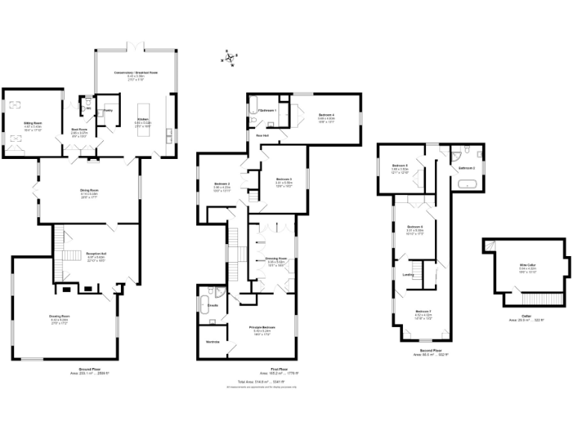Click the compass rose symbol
[x=231, y=57]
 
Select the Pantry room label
[x=107, y=110]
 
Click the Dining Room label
[x=90, y=192]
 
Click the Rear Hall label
[x=262, y=135]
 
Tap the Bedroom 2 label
[x=222, y=184]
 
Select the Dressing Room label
[x=277, y=259]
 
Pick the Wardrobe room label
[x=213, y=342]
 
